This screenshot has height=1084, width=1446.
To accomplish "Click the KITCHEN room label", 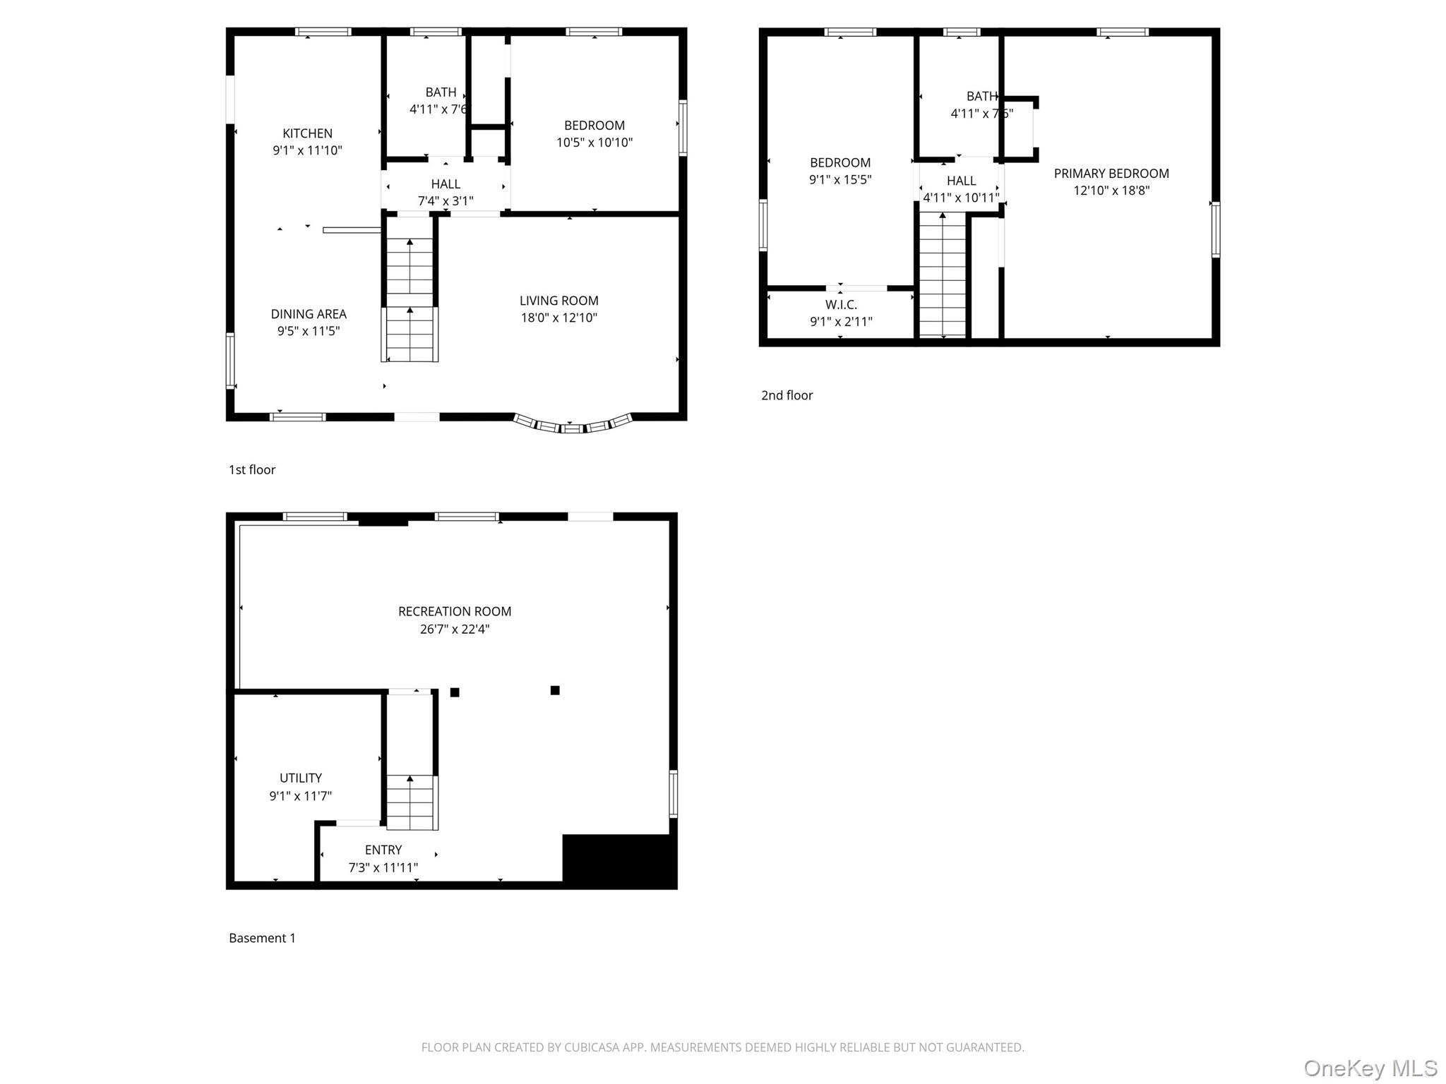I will (x=307, y=133).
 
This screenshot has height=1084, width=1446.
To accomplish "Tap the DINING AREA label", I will (x=309, y=314).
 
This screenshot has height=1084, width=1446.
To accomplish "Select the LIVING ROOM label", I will (x=558, y=301).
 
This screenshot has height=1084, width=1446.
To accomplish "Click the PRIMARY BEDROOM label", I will (x=1111, y=174).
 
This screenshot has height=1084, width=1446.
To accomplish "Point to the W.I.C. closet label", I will (x=840, y=305).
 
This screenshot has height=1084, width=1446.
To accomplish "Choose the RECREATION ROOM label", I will (x=454, y=612).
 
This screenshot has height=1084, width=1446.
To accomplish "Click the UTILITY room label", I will (x=300, y=778).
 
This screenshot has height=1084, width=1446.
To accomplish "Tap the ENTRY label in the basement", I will (x=383, y=850).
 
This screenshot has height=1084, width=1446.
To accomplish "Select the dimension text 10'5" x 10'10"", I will (x=594, y=143).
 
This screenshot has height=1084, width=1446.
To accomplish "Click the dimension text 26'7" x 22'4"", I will (x=454, y=629).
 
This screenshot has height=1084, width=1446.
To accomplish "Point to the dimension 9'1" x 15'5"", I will (x=839, y=180).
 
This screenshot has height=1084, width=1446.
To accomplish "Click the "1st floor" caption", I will (x=251, y=470).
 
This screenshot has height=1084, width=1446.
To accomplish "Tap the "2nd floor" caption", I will (x=787, y=396).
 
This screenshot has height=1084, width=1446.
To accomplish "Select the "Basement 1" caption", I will (x=262, y=938).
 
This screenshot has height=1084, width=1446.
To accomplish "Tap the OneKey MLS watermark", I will (x=1370, y=1068).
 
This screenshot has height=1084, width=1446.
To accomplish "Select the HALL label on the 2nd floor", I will (x=961, y=181).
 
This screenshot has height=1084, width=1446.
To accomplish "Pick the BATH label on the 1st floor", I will (x=441, y=92).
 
